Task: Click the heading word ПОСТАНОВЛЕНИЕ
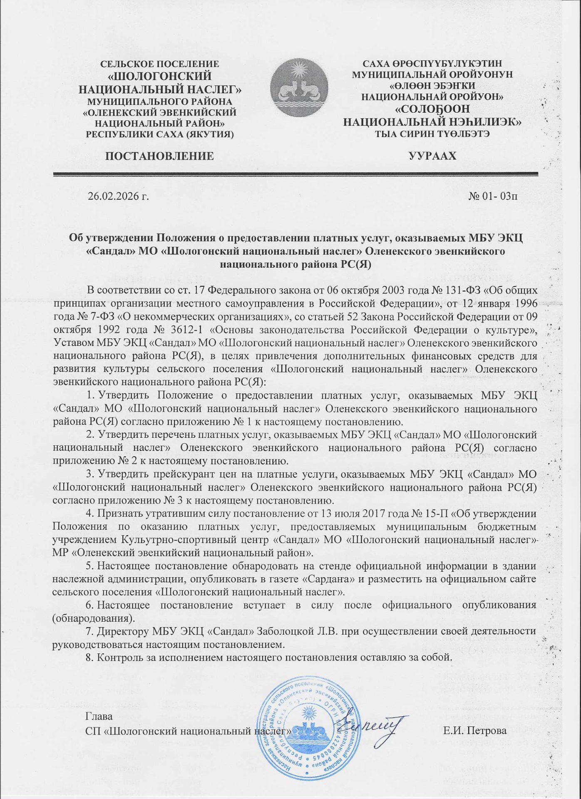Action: tap(159, 156)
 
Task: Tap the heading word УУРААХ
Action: tap(432, 156)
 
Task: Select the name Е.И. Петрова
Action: tap(475, 731)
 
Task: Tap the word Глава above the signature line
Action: tap(99, 717)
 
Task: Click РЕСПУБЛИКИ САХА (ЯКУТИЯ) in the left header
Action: tap(159, 134)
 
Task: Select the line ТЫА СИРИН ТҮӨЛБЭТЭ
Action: tap(432, 134)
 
